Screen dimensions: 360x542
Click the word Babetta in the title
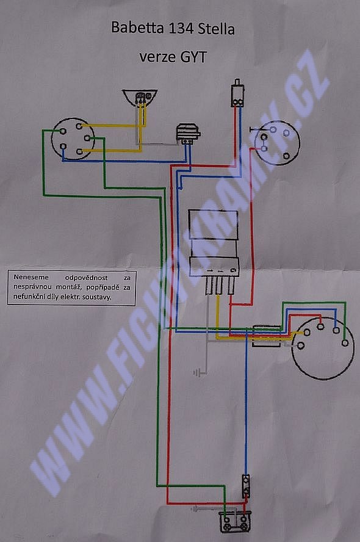coord(137,27)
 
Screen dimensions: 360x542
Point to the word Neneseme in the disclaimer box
coord(31,277)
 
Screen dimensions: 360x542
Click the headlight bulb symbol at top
coord(140,98)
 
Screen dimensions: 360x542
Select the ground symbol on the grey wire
coord(197,373)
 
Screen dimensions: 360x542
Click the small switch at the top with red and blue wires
coord(237,93)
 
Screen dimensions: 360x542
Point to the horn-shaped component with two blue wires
coord(187,134)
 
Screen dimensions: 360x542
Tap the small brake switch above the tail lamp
coord(246,486)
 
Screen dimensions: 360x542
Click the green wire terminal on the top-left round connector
coord(63,131)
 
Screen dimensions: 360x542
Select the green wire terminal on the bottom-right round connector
coord(345,343)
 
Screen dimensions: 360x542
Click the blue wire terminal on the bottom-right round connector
coord(336,330)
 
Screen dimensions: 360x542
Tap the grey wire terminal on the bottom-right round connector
coord(301,345)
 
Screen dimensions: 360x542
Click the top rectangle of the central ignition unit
coord(214,225)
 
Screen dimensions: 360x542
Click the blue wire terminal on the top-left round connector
coord(63,146)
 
